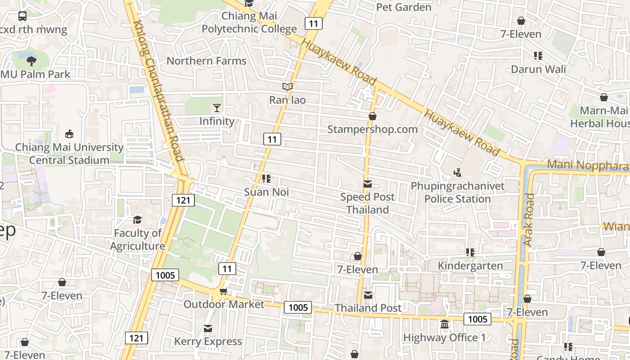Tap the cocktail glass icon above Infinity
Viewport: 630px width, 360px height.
coord(217,108)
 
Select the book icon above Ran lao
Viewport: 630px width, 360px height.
coord(287,86)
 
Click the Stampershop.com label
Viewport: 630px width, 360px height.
coord(372,129)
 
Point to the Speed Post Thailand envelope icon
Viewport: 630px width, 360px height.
coord(368,184)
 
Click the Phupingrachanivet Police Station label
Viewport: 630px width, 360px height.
coord(457,192)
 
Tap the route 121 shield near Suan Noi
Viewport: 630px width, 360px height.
coord(183,200)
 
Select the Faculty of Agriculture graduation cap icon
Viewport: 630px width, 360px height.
coord(137,220)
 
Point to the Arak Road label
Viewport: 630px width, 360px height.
coord(529,220)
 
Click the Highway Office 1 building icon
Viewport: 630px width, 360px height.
coord(445,324)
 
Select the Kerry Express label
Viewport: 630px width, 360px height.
coord(208,342)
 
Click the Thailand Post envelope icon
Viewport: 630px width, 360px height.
coord(368,295)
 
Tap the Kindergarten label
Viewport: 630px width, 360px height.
coord(470,265)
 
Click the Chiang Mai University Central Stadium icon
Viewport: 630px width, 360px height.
coord(69,134)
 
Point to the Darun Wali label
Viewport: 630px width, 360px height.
coord(538,69)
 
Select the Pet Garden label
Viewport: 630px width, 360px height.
coord(403,7)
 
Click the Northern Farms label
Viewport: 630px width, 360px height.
coord(207,61)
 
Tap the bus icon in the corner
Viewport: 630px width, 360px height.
coord(22,16)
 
